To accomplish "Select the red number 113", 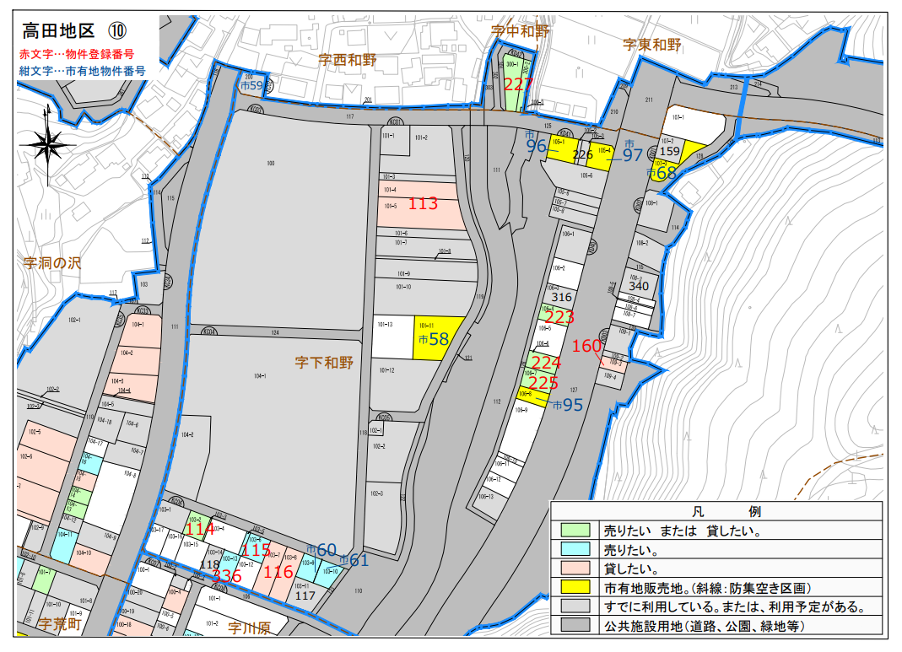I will pyautogui.click(x=423, y=203).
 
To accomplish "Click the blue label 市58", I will pyautogui.click(x=433, y=339).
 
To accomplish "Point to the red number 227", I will pyautogui.click(x=518, y=84).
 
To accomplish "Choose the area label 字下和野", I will pyautogui.click(x=324, y=364).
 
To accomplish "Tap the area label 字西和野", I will pyautogui.click(x=347, y=60).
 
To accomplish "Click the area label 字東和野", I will pyautogui.click(x=651, y=45).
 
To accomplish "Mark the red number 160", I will pyautogui.click(x=586, y=346).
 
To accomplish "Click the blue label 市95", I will pyautogui.click(x=568, y=405).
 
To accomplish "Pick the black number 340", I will pyautogui.click(x=639, y=286).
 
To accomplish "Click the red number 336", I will pyautogui.click(x=227, y=576).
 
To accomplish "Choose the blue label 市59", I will pyautogui.click(x=251, y=85).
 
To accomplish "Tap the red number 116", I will pyautogui.click(x=278, y=572).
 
